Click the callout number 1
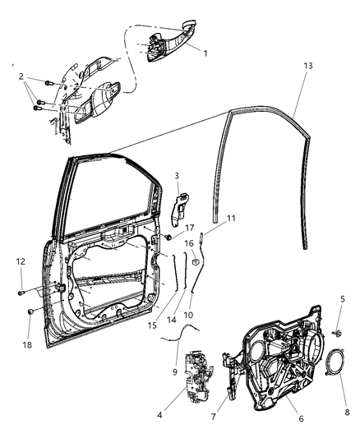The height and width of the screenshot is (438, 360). pos(205,53)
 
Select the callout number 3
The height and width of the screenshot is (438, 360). pos(175,176)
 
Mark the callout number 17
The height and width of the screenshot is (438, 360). pos(188,228)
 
